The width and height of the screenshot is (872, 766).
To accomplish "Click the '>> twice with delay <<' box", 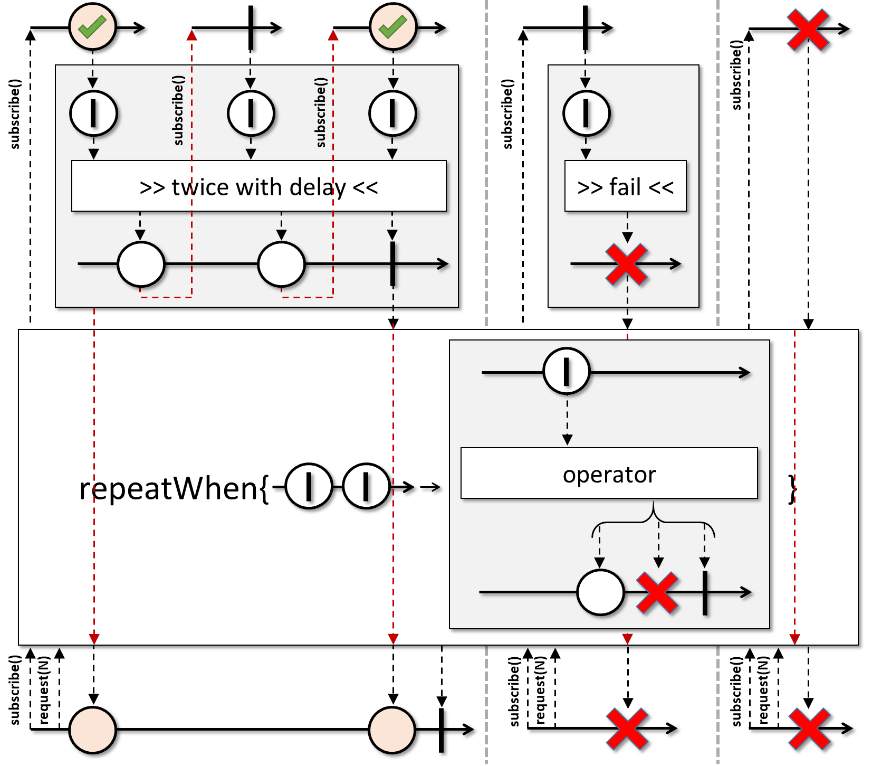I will click(x=258, y=186).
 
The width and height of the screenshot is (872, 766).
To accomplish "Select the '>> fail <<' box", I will click(x=625, y=186).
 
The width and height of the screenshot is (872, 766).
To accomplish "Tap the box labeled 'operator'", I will click(x=609, y=474).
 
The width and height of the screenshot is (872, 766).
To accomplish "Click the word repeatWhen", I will click(x=169, y=488).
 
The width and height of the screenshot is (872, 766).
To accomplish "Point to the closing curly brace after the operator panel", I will click(x=792, y=488).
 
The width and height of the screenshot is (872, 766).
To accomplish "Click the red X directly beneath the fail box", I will click(x=626, y=264).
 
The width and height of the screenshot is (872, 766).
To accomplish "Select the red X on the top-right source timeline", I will click(x=808, y=30).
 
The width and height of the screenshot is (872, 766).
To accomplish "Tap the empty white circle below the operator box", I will click(x=600, y=592).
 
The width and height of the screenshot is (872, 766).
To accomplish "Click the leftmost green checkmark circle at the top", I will click(x=93, y=27).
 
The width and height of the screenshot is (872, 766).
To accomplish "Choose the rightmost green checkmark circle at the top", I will click(x=393, y=27).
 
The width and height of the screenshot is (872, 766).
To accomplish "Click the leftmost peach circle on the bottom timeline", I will click(x=93, y=730).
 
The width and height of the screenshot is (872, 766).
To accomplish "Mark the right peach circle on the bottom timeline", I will click(x=392, y=730).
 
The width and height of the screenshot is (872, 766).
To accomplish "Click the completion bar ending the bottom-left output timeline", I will click(x=441, y=730).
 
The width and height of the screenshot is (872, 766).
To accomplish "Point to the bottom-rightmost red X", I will click(x=809, y=729).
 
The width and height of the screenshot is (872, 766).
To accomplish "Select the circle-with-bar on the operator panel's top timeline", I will click(x=566, y=371).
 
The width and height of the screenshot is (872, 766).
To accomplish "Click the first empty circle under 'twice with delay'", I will click(x=141, y=264).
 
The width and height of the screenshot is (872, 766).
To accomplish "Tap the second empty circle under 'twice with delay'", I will click(x=281, y=264).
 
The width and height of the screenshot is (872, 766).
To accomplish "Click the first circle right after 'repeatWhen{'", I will click(x=309, y=486).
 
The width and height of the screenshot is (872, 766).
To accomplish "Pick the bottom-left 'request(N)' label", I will click(x=45, y=691).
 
